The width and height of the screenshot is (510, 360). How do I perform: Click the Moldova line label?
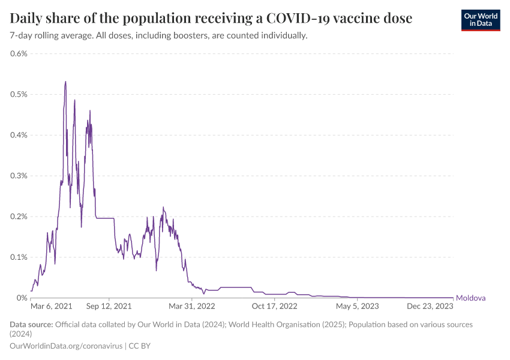coord(471,298)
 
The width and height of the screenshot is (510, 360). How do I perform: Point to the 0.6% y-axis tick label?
coord(19,53)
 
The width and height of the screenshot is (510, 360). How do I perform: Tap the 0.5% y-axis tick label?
coord(19,94)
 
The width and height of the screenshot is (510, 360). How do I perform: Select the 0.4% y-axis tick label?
coord(19,135)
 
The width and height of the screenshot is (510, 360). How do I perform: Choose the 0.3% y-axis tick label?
coord(19,176)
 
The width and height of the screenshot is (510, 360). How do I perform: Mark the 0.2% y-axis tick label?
coord(19,217)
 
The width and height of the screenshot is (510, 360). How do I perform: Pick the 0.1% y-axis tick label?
coord(19,257)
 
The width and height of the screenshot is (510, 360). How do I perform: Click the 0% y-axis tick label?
coord(22,298)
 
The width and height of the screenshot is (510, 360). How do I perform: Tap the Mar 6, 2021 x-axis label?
coord(51,306)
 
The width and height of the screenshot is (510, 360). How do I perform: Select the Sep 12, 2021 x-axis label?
coord(109,306)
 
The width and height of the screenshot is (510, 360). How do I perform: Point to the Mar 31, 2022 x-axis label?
coord(192,306)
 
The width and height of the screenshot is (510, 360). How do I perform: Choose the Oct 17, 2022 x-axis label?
coord(275,306)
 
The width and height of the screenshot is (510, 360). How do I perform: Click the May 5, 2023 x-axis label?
coord(357,306)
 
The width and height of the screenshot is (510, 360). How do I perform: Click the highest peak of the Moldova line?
coord(65,82)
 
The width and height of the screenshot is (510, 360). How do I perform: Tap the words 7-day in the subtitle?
coord(22,36)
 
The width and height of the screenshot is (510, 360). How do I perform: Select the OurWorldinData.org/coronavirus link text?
coord(66,346)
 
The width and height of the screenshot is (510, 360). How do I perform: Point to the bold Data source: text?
coord(31,325)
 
